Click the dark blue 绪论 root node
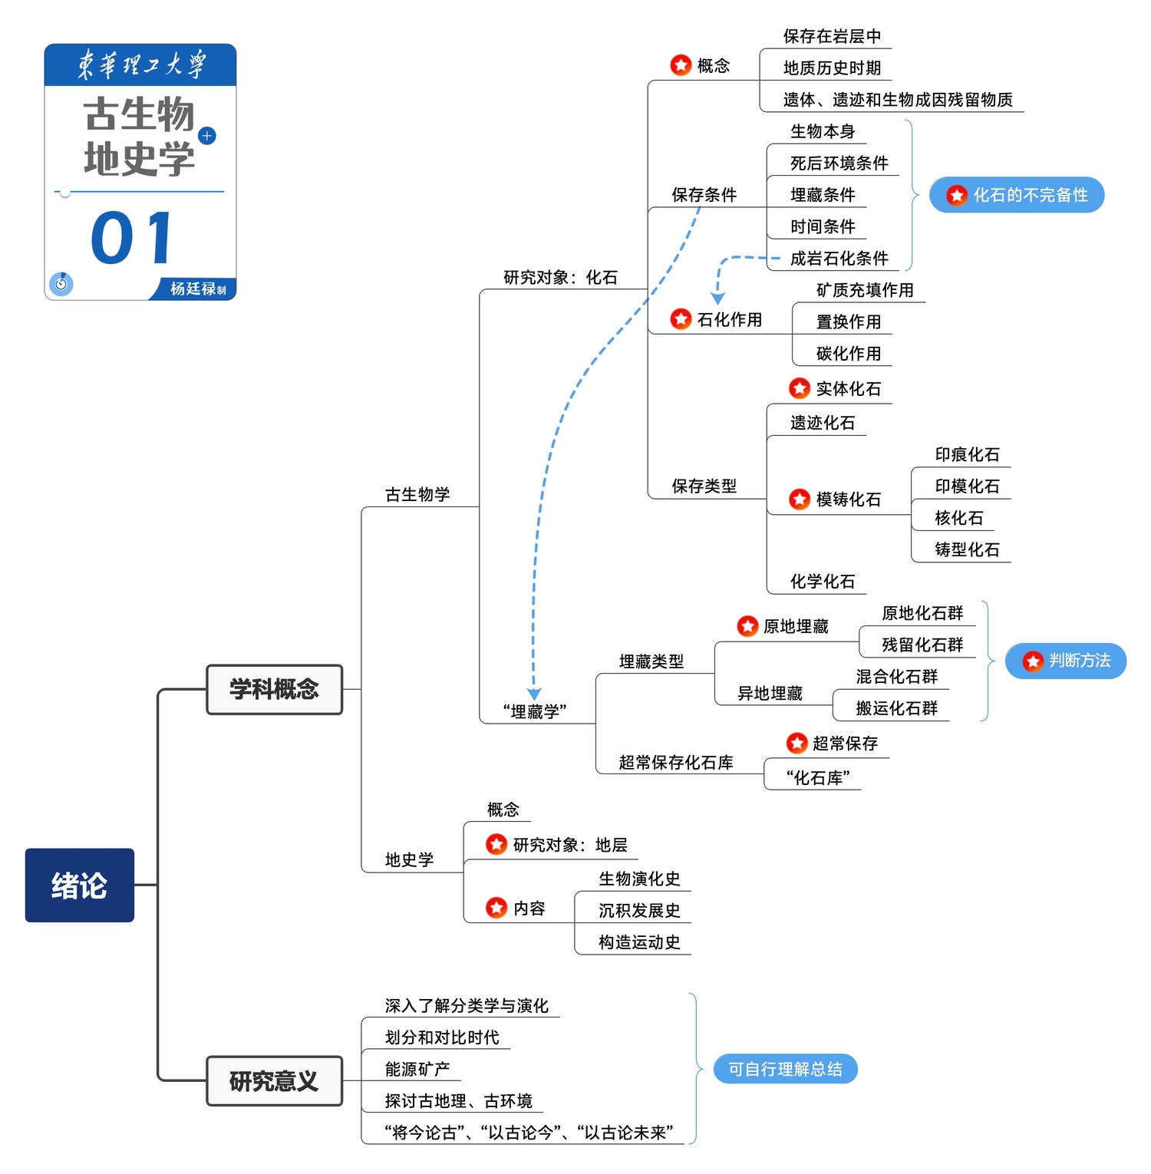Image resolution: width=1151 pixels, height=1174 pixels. [x=79, y=885]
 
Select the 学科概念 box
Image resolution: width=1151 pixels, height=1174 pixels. [x=274, y=689]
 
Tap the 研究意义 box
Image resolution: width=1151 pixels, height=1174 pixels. [x=274, y=1080]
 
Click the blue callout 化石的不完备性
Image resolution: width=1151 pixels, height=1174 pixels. [x=1017, y=195]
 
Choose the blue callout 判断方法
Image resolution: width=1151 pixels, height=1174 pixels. [x=1066, y=661]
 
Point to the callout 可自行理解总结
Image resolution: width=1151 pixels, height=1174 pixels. [x=785, y=1069]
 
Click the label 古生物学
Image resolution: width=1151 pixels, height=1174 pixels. [x=417, y=495]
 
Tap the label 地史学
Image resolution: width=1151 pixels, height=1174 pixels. [x=409, y=860]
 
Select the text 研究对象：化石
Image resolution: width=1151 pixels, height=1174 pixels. [x=560, y=278]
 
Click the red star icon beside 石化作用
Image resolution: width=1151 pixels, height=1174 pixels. [x=681, y=319]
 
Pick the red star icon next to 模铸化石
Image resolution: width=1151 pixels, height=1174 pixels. [x=800, y=500]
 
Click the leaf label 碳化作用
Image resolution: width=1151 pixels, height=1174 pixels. [x=848, y=354]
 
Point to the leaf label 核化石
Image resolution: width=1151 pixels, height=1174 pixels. [x=958, y=518]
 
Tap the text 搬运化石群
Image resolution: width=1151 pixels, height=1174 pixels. [x=896, y=708]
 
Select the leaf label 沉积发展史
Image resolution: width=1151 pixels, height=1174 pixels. [x=639, y=911]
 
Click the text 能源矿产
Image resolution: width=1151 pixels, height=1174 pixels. [x=417, y=1069]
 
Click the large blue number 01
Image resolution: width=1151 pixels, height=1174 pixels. [x=132, y=238]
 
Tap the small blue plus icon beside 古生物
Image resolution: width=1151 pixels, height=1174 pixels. [x=207, y=136]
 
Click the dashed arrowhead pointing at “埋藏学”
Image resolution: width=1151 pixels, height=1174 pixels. [x=534, y=694]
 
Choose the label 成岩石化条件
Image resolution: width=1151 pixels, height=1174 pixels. [x=839, y=259]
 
